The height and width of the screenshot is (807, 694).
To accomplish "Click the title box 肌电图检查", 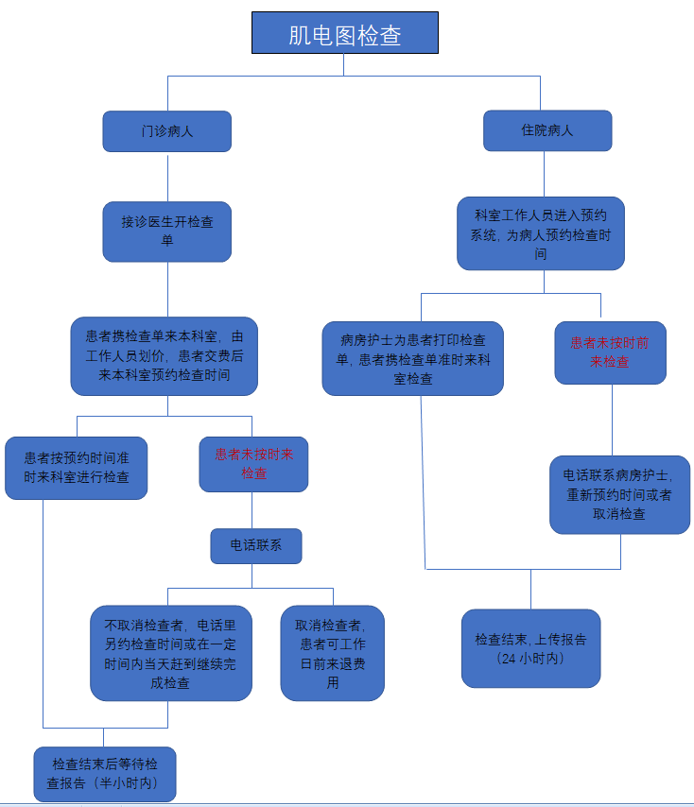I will tap(344, 33).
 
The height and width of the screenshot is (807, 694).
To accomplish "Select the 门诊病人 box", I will tap(166, 131).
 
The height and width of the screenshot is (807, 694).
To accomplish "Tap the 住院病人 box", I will tap(547, 130).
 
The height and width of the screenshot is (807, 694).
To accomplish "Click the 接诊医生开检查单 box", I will tap(166, 231).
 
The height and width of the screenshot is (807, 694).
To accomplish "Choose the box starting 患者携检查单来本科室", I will tap(164, 356).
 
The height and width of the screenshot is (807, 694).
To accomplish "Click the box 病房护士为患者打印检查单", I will tap(412, 358).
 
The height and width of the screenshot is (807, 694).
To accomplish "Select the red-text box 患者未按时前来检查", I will tap(610, 352).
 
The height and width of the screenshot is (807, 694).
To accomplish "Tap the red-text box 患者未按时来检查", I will tap(253, 463).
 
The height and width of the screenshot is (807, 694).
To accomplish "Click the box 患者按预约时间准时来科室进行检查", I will tap(77, 467).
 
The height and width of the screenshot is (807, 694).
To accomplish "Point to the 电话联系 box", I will tap(255, 545).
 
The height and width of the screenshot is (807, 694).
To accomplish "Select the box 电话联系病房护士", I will tap(619, 494).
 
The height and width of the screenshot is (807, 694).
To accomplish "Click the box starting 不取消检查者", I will tap(171, 653).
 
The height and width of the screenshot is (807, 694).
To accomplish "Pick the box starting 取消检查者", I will tap(332, 653).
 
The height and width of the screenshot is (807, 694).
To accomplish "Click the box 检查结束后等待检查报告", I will tap(104, 774).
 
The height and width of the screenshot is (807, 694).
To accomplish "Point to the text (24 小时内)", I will tap(530, 658).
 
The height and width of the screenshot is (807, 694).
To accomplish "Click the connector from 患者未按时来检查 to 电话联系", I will tap(252, 510).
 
